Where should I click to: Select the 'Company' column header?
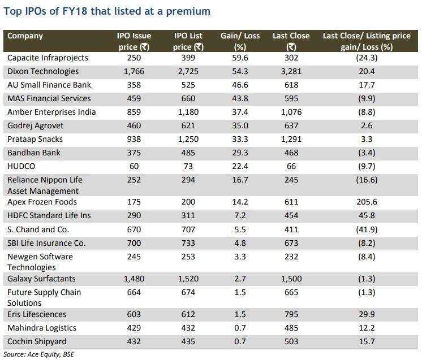coord(25,36)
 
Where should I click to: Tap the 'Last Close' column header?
coord(291,36)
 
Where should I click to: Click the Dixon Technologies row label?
coord(43,72)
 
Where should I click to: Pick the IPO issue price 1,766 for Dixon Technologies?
coord(134,72)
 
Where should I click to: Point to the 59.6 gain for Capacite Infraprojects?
coord(240,58)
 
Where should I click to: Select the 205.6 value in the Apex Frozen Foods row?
coord(366,202)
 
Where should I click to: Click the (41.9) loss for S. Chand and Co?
coord(366,229)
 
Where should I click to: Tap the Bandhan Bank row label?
coord(33,153)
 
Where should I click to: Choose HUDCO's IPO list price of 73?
coord(188,167)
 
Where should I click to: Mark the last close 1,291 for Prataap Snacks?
coord(291,140)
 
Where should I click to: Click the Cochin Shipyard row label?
coord(37,342)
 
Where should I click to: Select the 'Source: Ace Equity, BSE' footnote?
coord(39,355)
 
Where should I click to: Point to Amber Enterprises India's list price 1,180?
coord(188,112)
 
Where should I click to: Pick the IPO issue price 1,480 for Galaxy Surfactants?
coord(134,279)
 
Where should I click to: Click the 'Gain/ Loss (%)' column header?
coord(240,41)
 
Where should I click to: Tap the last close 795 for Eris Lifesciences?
coord(291,315)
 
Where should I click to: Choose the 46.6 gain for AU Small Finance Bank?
coord(240,85)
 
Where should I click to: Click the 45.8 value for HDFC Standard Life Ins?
coord(366,216)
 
